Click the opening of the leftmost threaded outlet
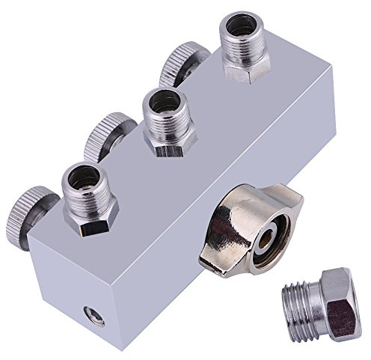pos(87,176)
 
